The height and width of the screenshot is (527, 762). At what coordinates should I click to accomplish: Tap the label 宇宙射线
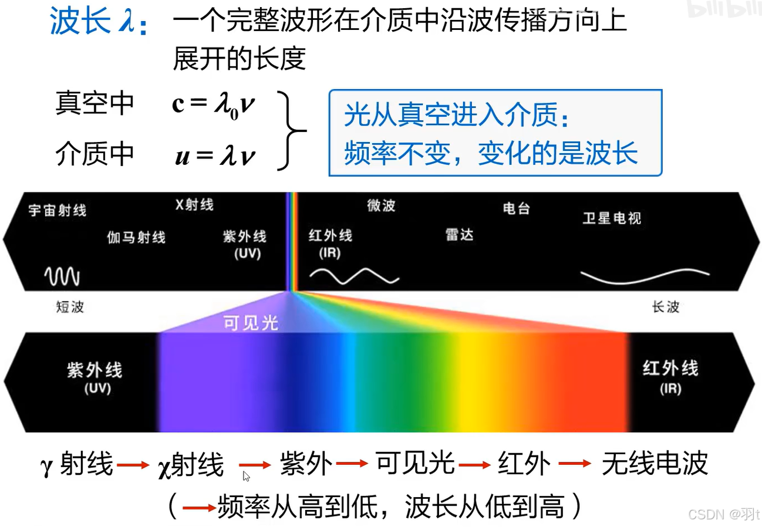click(58, 210)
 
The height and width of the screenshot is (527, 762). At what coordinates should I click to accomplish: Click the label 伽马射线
click(136, 237)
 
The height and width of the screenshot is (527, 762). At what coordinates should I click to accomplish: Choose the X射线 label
click(194, 205)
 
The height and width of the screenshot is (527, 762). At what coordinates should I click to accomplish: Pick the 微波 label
click(382, 205)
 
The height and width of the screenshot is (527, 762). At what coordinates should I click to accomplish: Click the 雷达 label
click(459, 235)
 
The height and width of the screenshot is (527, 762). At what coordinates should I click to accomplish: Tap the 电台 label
click(517, 208)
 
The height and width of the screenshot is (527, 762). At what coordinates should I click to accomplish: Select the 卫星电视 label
click(612, 218)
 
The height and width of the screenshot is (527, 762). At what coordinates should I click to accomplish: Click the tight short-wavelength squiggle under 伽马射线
click(62, 276)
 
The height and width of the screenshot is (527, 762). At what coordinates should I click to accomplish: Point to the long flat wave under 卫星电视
click(645, 275)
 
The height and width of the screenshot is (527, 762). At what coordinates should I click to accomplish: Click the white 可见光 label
click(251, 323)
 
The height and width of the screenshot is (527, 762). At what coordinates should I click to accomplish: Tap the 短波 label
click(70, 307)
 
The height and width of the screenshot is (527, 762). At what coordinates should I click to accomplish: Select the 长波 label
click(666, 307)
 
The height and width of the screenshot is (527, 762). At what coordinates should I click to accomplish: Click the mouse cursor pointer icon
click(246, 476)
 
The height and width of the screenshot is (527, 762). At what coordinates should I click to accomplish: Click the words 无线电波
click(654, 464)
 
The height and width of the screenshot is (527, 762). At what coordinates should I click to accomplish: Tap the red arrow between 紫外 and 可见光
click(352, 464)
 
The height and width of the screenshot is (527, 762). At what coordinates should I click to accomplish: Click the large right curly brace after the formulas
click(293, 130)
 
